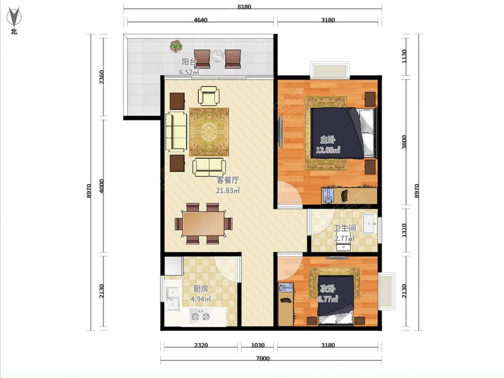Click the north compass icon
(x=14, y=19)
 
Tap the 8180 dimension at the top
(x=244, y=7)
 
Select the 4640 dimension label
(x=200, y=20)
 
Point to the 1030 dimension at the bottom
(x=258, y=345)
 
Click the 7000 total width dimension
(x=263, y=358)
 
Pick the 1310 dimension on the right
(x=404, y=231)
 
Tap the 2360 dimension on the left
(x=102, y=77)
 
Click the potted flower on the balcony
(x=176, y=46)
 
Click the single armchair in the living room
(x=209, y=96)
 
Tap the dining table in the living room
(x=204, y=223)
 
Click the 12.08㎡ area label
(x=328, y=150)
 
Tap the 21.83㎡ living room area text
(x=228, y=190)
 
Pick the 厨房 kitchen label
(x=201, y=289)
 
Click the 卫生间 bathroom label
(x=345, y=228)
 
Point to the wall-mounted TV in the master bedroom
(x=280, y=132)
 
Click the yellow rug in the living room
(x=209, y=132)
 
